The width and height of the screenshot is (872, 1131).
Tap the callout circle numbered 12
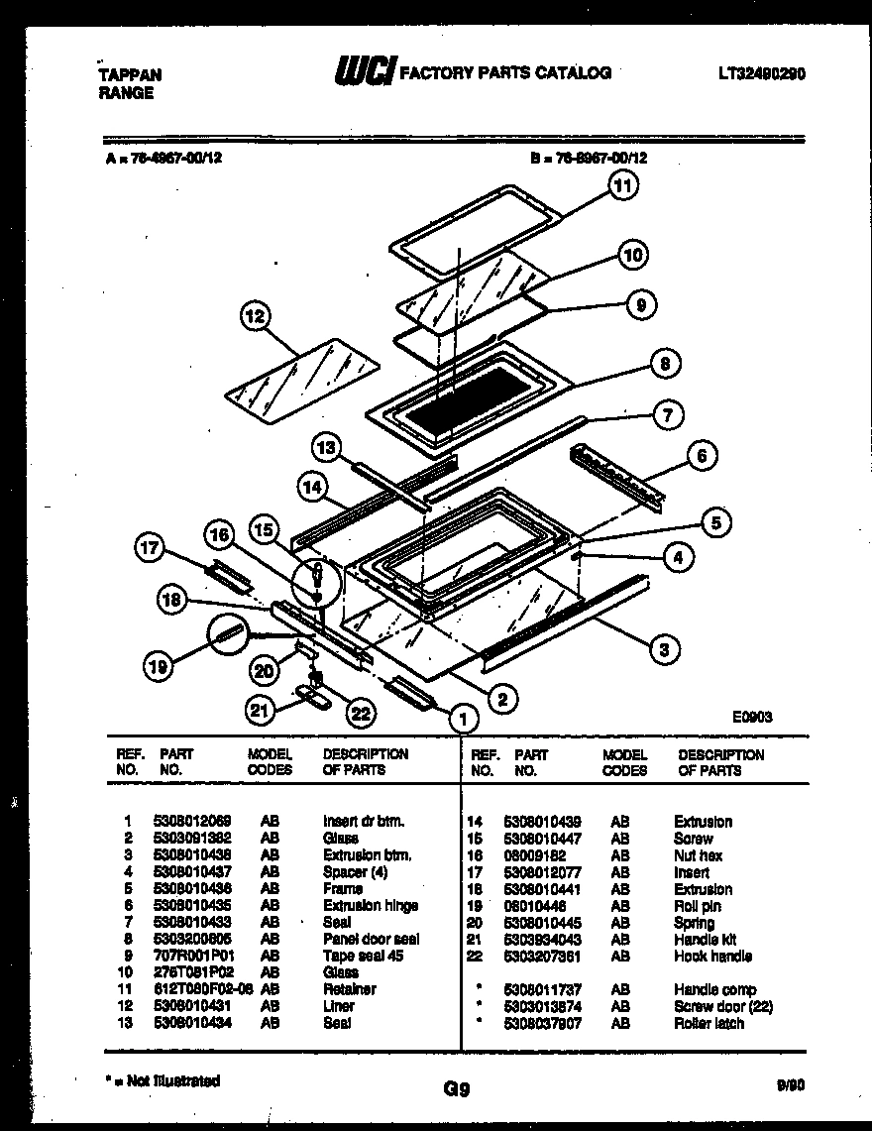click(256, 317)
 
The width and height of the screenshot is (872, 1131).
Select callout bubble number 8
click(665, 365)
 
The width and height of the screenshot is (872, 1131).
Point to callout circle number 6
click(702, 456)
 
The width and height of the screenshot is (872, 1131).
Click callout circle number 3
click(663, 650)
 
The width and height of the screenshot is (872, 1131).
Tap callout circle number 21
click(261, 709)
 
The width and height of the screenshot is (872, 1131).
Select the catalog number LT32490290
click(762, 73)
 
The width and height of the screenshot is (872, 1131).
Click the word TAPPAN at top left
click(130, 74)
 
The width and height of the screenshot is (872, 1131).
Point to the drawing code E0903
click(753, 718)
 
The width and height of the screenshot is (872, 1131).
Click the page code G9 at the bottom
click(456, 1089)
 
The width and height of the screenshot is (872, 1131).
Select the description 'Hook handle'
click(712, 957)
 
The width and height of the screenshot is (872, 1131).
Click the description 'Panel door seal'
click(371, 939)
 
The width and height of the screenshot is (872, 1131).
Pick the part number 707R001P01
click(188, 956)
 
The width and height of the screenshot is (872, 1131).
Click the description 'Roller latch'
click(708, 1023)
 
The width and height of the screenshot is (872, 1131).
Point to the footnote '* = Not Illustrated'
click(161, 1081)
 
